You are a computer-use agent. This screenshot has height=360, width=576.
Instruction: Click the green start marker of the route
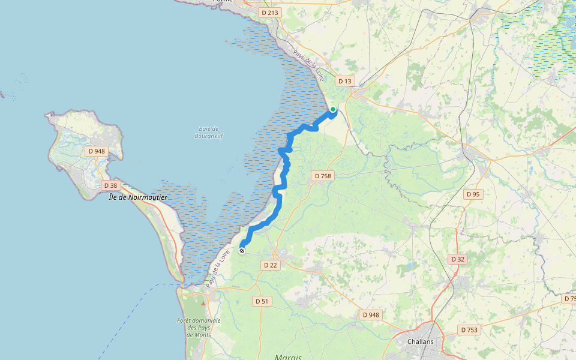pyautogui.click(x=332, y=110)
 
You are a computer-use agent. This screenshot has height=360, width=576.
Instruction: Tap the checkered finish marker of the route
pyautogui.click(x=242, y=251)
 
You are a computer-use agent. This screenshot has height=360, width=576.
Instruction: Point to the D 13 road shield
pyautogui.click(x=344, y=80)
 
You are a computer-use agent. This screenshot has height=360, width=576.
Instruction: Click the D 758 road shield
pyautogui.click(x=322, y=176)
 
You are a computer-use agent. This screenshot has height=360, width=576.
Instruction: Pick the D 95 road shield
pyautogui.click(x=473, y=194)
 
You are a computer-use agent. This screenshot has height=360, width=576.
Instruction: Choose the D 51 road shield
pyautogui.click(x=261, y=301)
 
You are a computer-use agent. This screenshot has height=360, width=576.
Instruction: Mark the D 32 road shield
pyautogui.click(x=457, y=259)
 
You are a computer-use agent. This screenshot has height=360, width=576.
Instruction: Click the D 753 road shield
pyautogui.click(x=469, y=329)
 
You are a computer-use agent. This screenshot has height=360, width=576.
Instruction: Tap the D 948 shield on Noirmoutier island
pyautogui.click(x=97, y=151)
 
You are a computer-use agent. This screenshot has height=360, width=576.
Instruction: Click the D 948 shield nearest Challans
pyautogui.click(x=371, y=314)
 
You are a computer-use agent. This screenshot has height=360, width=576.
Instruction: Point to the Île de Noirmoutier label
pyautogui.click(x=138, y=197)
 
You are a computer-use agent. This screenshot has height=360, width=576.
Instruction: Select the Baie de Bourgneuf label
pyautogui.click(x=209, y=132)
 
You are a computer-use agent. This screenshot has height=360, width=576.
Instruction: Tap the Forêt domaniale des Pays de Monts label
pyautogui.click(x=199, y=328)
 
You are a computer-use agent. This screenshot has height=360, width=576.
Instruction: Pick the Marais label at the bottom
pyautogui.click(x=289, y=356)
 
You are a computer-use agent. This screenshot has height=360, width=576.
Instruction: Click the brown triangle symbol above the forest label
pyautogui.click(x=203, y=303)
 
